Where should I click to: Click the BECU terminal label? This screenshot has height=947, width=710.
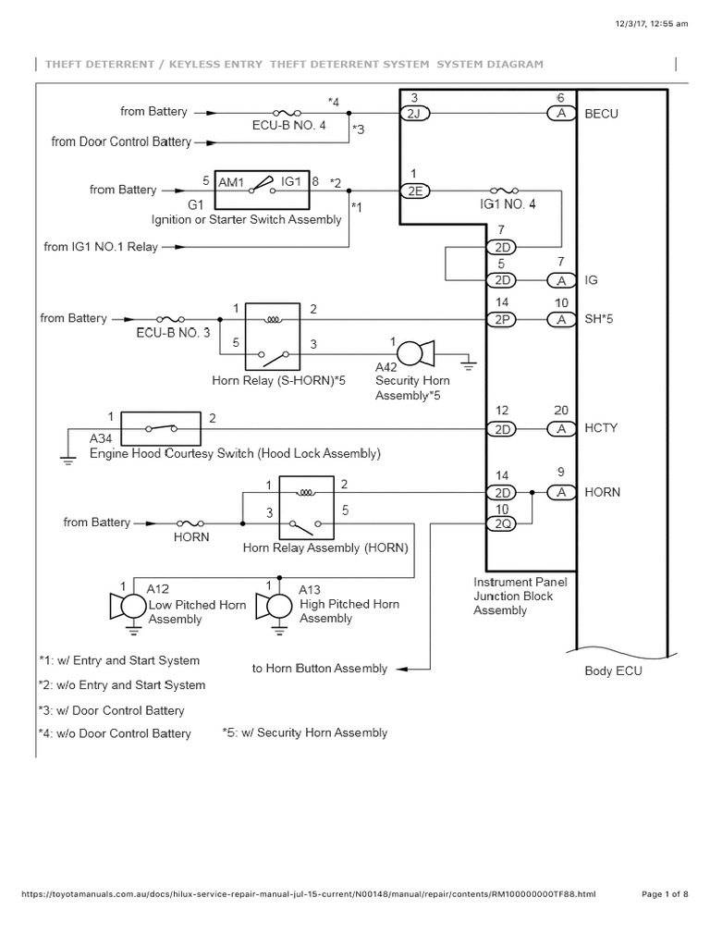click(x=601, y=114)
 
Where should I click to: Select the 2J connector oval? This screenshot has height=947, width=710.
click(x=411, y=114)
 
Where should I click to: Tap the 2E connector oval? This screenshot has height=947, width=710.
click(x=411, y=191)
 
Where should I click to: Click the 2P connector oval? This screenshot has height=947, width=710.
click(x=503, y=319)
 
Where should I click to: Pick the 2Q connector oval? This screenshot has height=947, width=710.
click(x=503, y=524)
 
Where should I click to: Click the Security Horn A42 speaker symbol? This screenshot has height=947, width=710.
click(x=413, y=352)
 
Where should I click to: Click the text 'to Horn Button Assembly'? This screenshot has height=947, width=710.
click(x=320, y=668)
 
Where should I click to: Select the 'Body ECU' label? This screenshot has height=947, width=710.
click(x=613, y=671)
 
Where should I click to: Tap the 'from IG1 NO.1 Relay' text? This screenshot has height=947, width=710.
click(x=101, y=247)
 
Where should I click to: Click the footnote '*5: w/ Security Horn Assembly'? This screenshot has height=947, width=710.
click(x=304, y=732)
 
